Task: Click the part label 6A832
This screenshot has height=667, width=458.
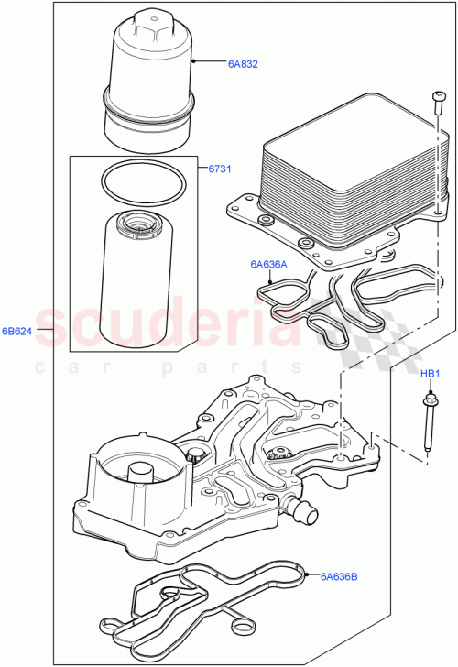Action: (243, 64)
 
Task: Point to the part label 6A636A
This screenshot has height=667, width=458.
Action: (268, 265)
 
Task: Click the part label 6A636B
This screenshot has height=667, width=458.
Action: (340, 576)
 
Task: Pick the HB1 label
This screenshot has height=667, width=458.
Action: (431, 374)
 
